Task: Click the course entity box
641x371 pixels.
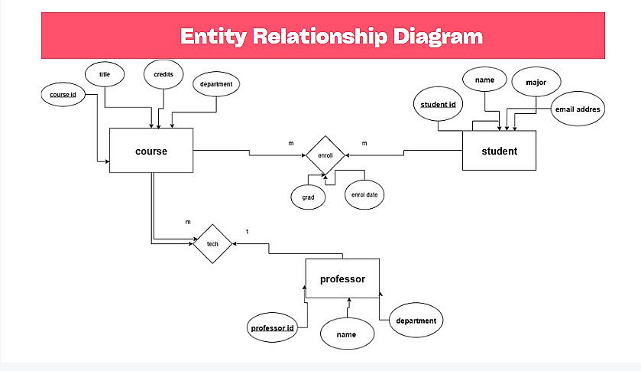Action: [x=151, y=151]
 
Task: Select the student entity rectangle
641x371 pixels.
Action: [x=499, y=151]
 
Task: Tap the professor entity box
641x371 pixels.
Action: [x=342, y=279]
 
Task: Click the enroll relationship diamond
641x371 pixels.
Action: [x=325, y=155]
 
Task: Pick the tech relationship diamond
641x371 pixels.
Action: [x=212, y=243]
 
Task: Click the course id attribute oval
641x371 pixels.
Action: [x=63, y=95]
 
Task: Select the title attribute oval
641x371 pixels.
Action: [x=104, y=74]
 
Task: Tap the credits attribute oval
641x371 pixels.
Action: [x=163, y=74]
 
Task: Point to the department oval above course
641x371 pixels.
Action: [x=217, y=84]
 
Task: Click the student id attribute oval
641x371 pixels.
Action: [x=438, y=105]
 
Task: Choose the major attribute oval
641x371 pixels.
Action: [x=536, y=82]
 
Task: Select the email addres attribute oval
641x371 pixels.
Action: [x=578, y=109]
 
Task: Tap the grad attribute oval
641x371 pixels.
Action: [x=308, y=196]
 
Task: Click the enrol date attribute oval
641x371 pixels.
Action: [x=364, y=194]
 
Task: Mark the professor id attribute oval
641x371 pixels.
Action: [x=273, y=328]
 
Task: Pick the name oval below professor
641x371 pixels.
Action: [x=348, y=334]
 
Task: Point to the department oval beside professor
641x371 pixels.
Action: [x=416, y=321]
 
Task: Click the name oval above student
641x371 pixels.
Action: [x=485, y=80]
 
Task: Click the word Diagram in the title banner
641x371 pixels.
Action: [x=434, y=36]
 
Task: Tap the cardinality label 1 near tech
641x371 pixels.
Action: [x=247, y=232]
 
